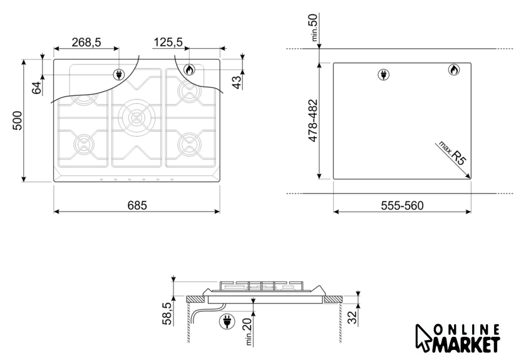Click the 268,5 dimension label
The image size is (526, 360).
click(86, 43)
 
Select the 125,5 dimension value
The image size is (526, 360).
click(168, 43)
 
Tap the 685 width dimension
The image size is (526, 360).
click(137, 205)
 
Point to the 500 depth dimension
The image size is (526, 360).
click(17, 120)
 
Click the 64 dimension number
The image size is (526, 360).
click(36, 88)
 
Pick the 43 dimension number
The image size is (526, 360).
click(237, 83)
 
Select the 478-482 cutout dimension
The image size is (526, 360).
click(312, 120)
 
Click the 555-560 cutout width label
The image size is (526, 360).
click(402, 205)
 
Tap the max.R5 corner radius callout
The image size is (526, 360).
click(453, 153)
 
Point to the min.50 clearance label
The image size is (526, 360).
click(314, 27)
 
